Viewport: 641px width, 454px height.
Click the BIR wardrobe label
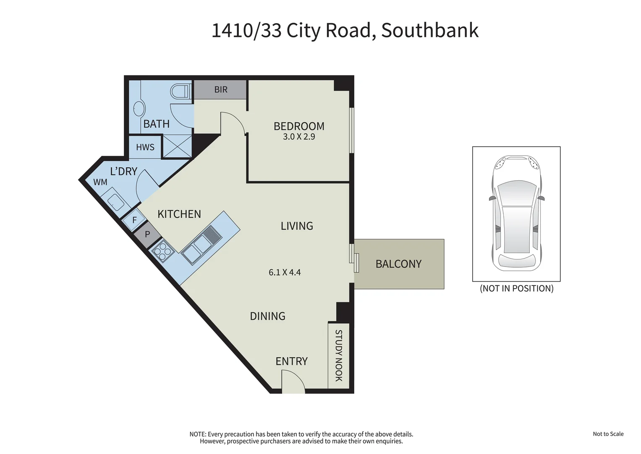221,90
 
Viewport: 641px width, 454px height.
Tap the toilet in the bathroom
181,91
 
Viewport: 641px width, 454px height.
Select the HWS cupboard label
145,148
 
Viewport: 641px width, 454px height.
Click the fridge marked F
134,220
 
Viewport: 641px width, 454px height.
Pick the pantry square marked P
147,234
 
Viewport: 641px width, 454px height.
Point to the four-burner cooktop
163,252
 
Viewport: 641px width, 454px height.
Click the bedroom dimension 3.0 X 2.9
299,137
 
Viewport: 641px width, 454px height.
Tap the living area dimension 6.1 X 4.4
285,272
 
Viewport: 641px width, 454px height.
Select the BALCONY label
398,264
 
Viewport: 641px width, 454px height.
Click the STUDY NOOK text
338,356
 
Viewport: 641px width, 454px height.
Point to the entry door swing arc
293,380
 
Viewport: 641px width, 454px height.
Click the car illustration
516,214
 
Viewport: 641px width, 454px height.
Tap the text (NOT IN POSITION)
516,288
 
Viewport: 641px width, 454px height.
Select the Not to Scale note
608,434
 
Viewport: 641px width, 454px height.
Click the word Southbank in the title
429,31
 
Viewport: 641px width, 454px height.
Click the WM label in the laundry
100,182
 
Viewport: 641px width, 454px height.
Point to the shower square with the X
177,147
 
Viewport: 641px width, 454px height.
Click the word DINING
267,316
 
